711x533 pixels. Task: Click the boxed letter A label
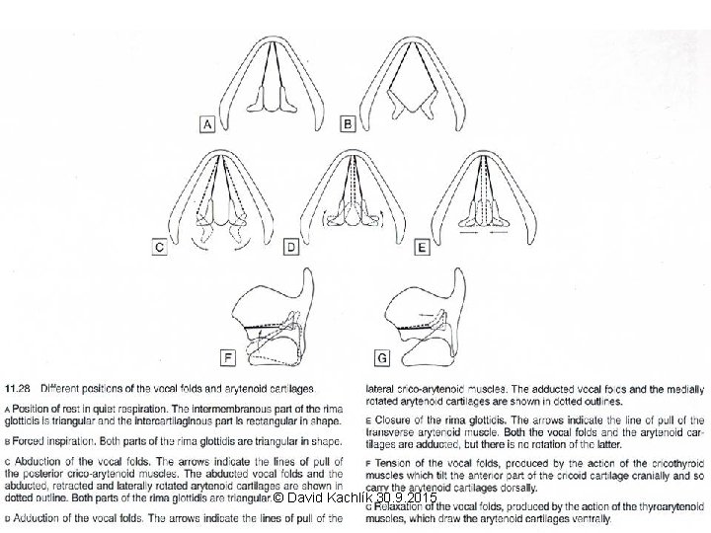pos(207,124)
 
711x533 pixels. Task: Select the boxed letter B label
pos(348,124)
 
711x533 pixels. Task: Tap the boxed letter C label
pos(159,249)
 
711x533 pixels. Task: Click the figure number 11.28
pos(22,384)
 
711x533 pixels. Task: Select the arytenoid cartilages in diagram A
pos(276,99)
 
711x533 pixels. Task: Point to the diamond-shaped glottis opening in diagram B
pos(416,99)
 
